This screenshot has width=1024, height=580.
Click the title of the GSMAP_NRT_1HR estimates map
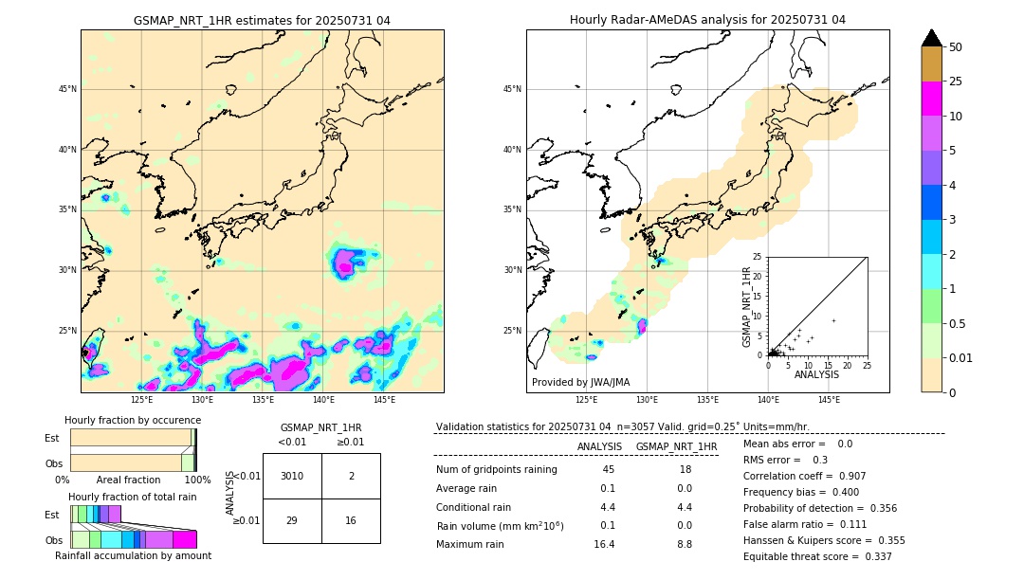tap(262, 20)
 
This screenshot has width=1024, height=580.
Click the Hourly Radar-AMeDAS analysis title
tap(707, 20)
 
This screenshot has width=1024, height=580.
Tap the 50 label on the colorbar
tap(956, 47)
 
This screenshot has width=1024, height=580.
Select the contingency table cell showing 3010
tap(291, 476)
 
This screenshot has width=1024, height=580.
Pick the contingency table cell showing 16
tap(351, 520)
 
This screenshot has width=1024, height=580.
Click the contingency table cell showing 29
tap(291, 520)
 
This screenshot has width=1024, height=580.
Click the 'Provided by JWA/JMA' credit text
tap(580, 382)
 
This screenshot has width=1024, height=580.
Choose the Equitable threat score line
tap(817, 556)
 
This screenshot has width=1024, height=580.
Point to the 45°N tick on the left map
tap(67, 89)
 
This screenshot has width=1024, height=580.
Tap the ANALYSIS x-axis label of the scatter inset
tap(815, 374)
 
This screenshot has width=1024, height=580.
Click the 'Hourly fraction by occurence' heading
tap(133, 420)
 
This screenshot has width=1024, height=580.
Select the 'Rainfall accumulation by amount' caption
tap(133, 555)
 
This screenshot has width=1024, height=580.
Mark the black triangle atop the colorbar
tap(932, 38)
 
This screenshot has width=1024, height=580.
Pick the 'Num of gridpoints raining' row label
tap(497, 469)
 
